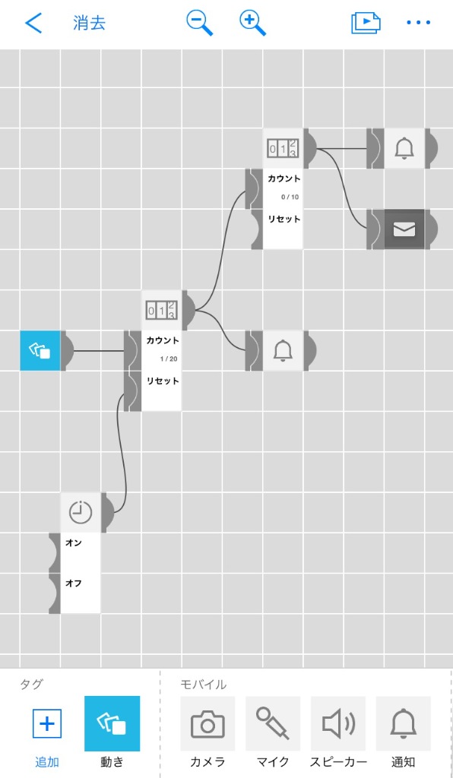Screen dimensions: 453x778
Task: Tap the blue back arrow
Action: point(33,23)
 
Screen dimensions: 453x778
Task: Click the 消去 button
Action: point(90,24)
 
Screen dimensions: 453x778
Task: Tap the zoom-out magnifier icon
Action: point(199,24)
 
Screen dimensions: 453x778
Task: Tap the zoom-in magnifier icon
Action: point(252,24)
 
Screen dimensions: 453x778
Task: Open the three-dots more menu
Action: point(418,23)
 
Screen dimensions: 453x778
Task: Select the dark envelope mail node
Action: point(404,229)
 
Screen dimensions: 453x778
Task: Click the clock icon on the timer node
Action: point(81,513)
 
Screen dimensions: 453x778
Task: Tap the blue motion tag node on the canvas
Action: point(40,351)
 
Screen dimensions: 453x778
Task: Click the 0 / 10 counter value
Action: point(290,197)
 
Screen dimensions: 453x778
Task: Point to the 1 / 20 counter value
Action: point(169,359)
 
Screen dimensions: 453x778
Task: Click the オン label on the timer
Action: point(74,542)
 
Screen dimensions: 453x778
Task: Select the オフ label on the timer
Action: point(74,583)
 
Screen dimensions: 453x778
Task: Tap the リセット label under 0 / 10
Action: point(284,219)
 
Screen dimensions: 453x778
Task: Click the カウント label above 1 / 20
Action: point(163,341)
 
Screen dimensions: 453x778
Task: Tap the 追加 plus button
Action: point(46,724)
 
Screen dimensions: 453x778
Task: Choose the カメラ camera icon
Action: point(207,724)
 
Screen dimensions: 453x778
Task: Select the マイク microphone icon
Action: point(273,724)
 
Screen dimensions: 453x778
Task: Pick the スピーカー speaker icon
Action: point(338,724)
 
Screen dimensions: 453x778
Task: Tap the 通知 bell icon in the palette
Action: point(404,724)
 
